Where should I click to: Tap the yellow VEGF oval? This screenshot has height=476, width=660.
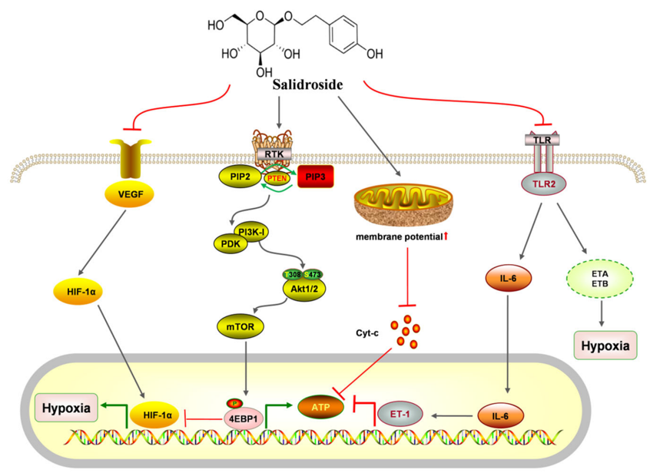point(131,194)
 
